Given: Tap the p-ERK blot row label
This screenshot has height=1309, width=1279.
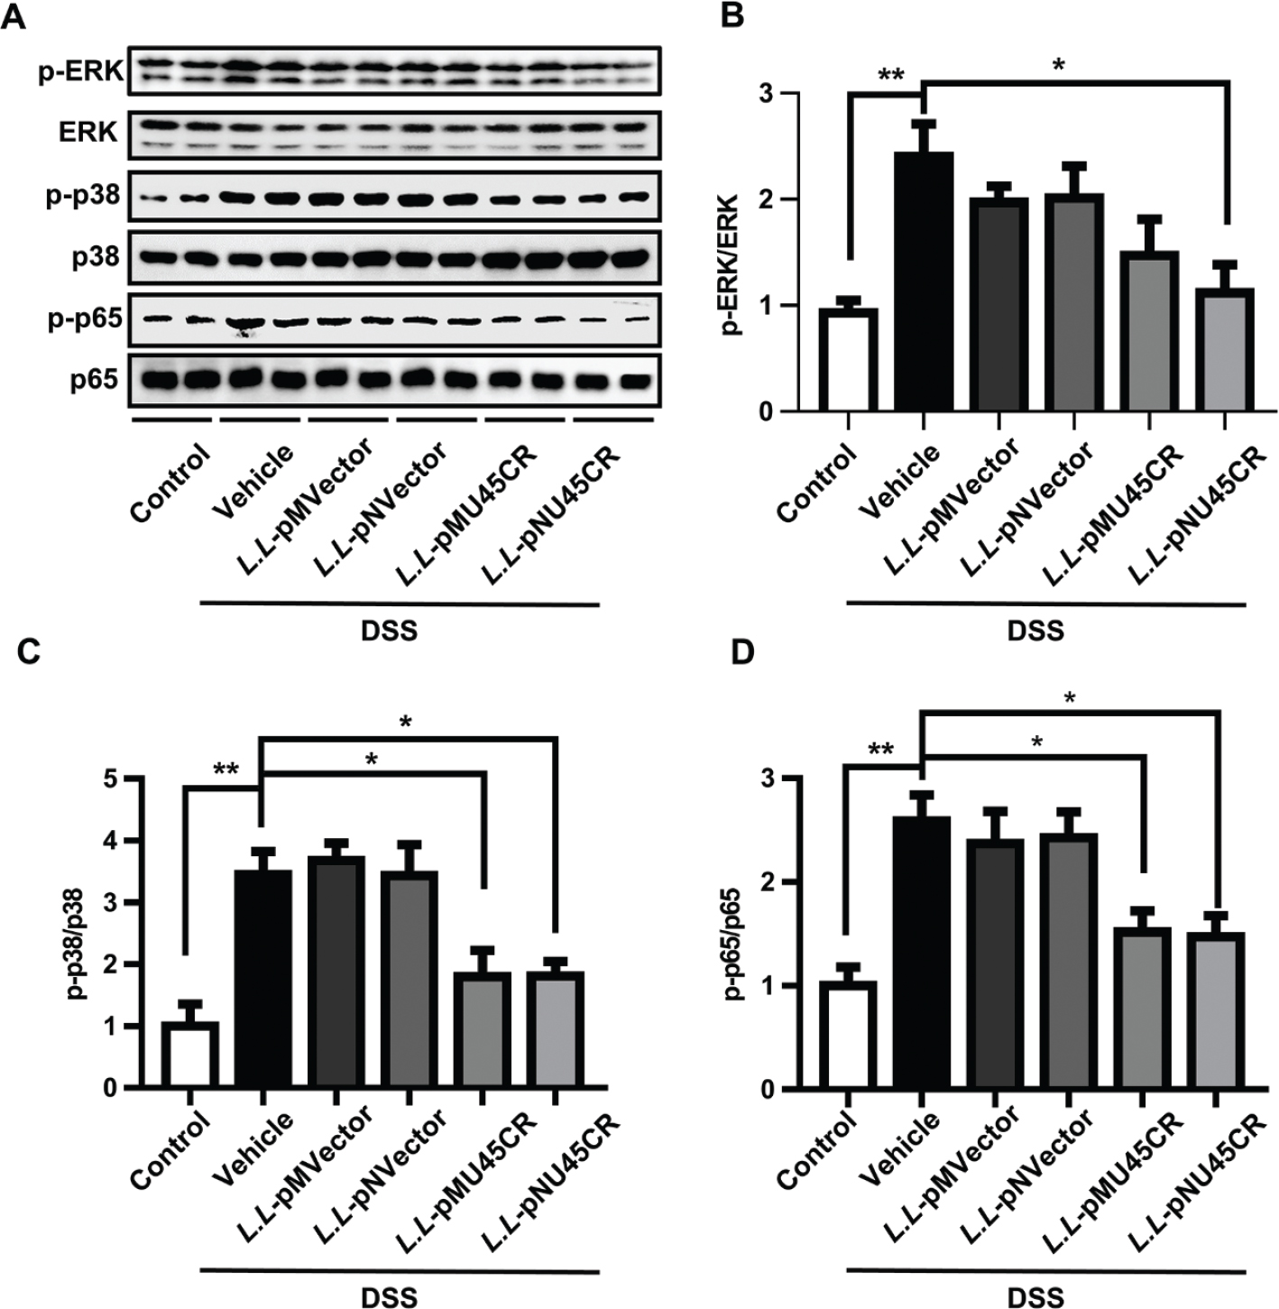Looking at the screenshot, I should (x=80, y=71).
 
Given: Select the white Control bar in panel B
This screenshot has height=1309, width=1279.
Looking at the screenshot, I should (x=848, y=360).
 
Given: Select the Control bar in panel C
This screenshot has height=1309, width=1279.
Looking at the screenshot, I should (x=189, y=1055).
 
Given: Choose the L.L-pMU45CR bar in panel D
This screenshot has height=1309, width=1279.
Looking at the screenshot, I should (x=1142, y=1008).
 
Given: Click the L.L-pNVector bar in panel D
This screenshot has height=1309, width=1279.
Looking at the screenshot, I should (x=1069, y=962).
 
